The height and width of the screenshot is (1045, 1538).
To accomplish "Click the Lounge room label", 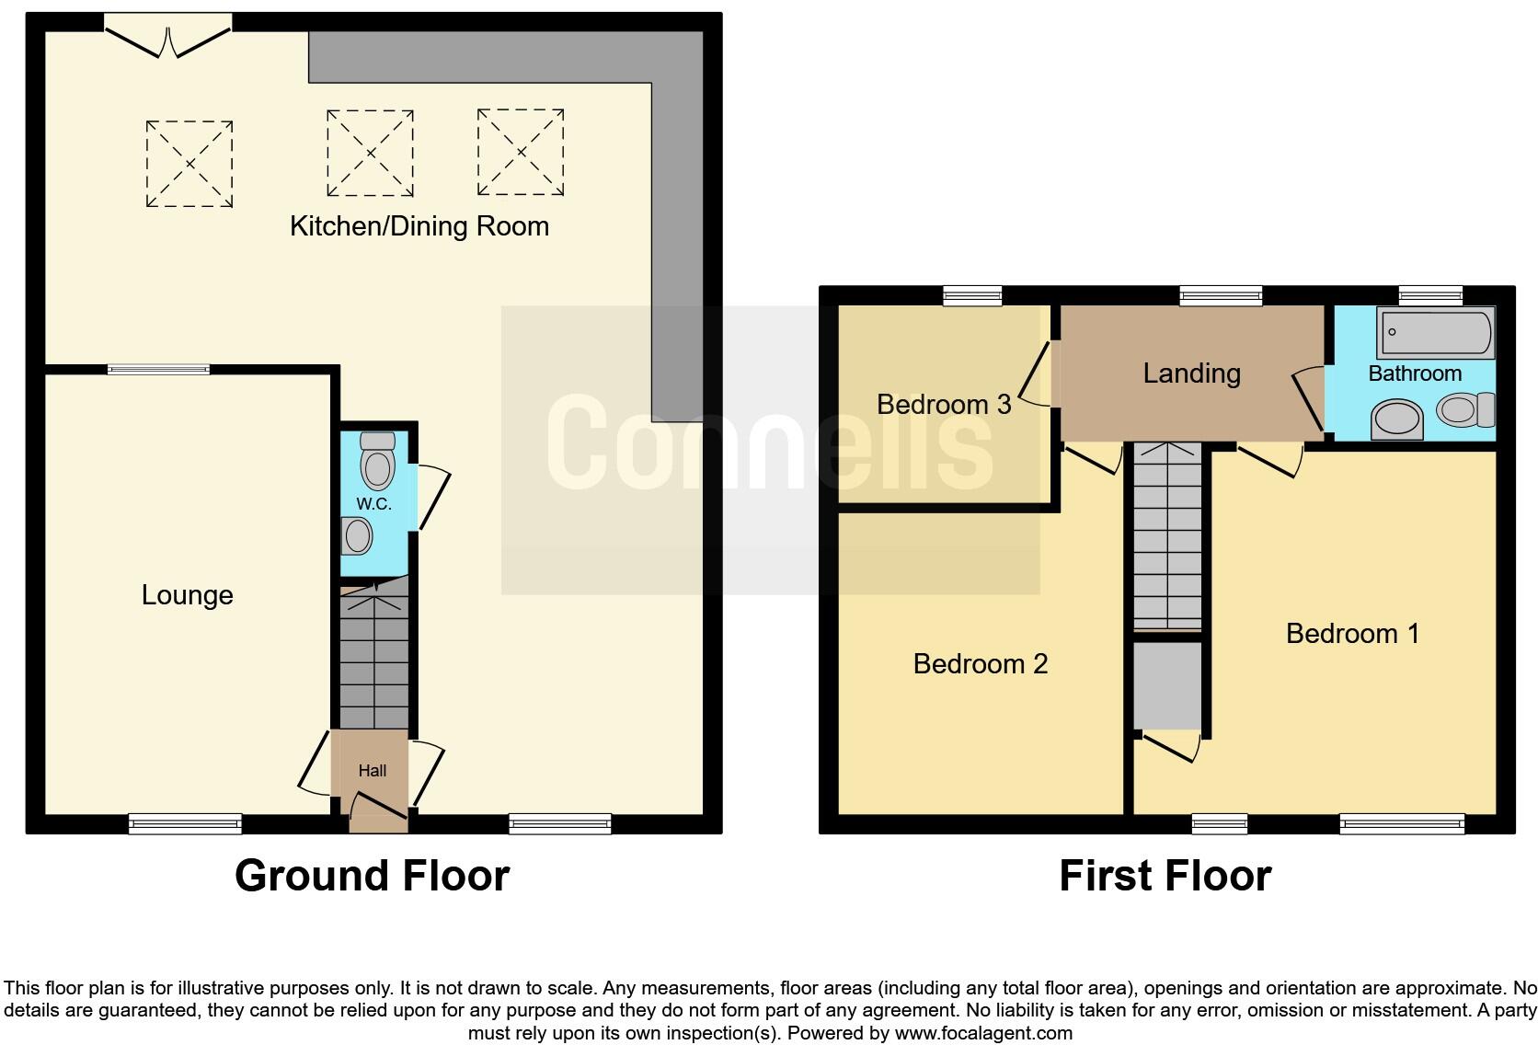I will (187, 595).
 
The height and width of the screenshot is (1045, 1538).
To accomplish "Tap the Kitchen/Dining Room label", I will (419, 226).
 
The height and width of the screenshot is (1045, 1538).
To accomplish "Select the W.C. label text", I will (373, 504).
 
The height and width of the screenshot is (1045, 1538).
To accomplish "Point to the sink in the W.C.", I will (357, 535).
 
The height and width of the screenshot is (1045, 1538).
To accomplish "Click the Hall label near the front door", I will (372, 771).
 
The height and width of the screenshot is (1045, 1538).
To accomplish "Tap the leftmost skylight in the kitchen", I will (189, 164).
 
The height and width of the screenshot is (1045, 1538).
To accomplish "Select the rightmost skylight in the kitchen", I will (520, 153).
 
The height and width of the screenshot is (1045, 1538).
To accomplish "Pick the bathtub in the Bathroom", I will (1434, 333).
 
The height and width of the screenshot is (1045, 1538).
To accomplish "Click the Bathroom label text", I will (1415, 373).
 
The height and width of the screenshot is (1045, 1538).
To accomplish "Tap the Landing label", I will (1191, 373).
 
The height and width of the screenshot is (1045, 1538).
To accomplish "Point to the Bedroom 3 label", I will (944, 405).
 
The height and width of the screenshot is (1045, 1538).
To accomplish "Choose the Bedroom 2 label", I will (980, 664).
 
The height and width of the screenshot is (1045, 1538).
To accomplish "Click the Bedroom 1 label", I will (1352, 634).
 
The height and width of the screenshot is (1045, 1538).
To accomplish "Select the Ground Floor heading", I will (372, 876).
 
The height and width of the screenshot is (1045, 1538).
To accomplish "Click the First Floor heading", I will (1165, 876).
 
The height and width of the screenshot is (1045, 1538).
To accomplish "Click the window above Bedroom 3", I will (972, 295).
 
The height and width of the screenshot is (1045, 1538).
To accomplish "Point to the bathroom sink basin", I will (1396, 420).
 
